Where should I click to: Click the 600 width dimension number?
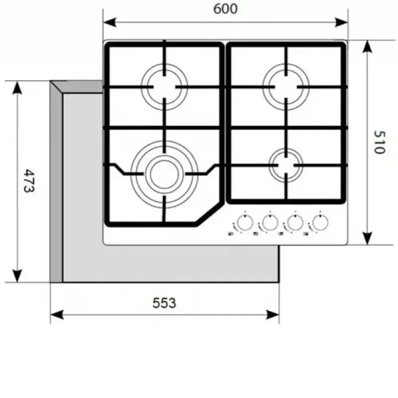pos(225,8)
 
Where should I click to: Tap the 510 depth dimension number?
pos(380,142)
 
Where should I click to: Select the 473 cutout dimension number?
pos(29,181)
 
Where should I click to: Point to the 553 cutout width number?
pos(164,303)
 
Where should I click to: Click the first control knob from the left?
pos(245,222)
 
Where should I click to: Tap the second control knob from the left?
pos(270,222)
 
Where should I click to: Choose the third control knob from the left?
pos(295,222)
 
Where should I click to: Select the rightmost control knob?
pos(320,222)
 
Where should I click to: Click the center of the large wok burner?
pos(165,175)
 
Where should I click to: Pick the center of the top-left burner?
pos(164,87)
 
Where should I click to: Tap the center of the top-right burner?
pos(286,87)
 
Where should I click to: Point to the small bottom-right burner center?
pos(286,165)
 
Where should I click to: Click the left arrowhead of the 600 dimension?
pos(109,22)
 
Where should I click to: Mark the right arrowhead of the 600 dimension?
pos(341,22)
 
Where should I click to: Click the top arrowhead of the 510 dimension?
pos(367,46)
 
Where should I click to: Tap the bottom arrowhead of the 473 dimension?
pos(17,276)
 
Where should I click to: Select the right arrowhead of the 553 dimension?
pos(272,315)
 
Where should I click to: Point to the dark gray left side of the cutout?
pos(56,182)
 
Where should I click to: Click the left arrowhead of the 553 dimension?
pos(57,315)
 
